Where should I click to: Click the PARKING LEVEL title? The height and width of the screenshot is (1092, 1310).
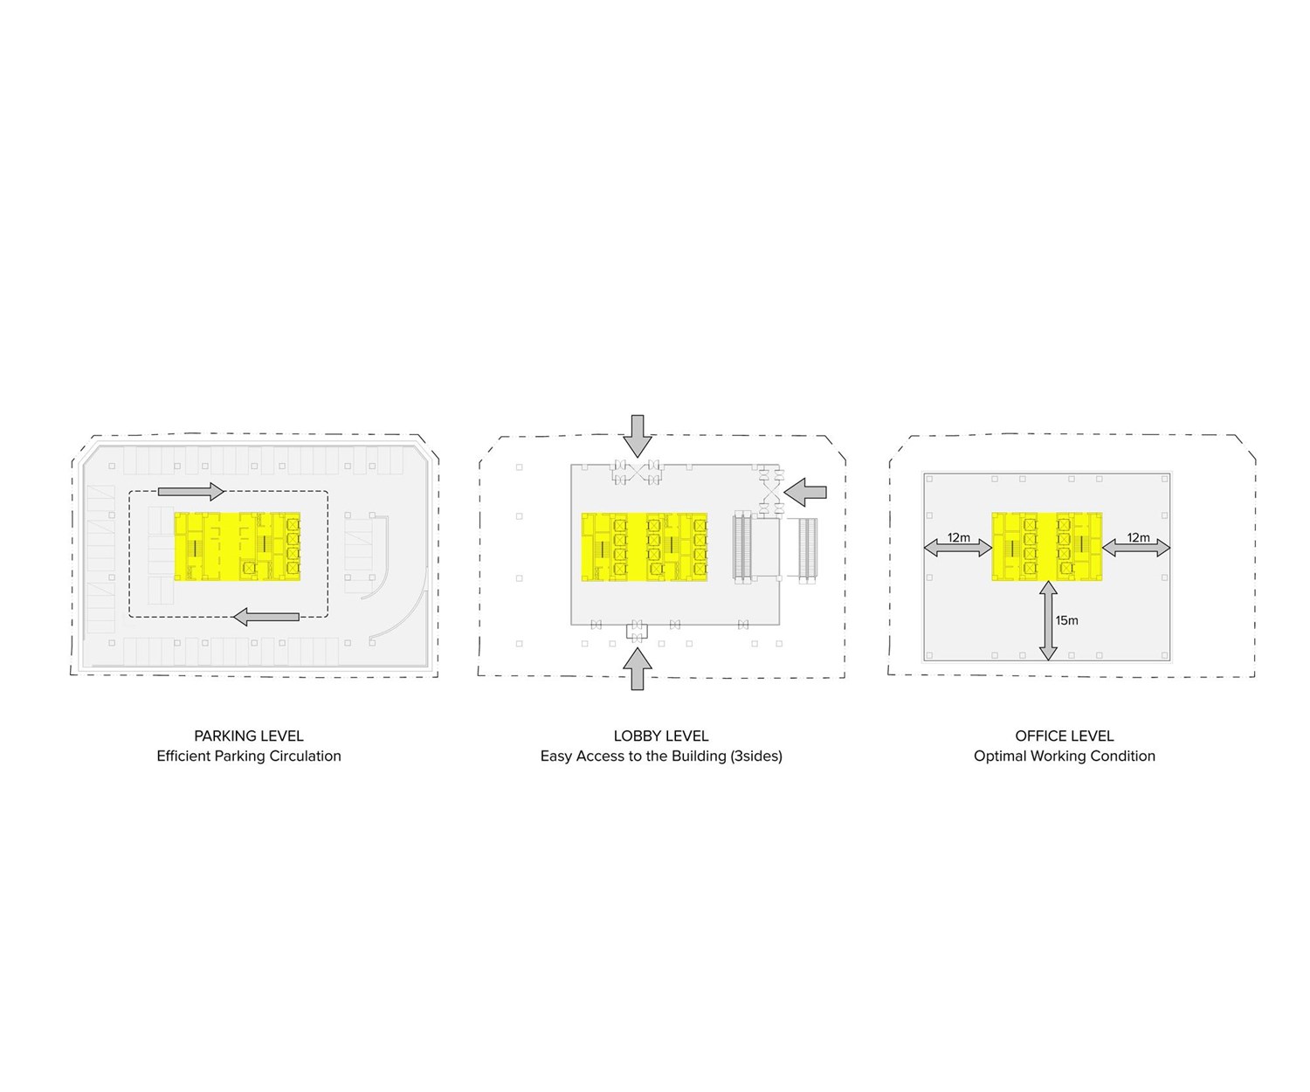[x=248, y=736]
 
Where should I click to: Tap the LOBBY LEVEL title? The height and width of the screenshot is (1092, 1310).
[x=660, y=736]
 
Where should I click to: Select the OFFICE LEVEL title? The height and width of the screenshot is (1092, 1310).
[x=1064, y=736]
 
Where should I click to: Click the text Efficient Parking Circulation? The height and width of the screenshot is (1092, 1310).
[x=248, y=756]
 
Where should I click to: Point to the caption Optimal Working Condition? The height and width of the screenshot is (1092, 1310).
[x=1064, y=756]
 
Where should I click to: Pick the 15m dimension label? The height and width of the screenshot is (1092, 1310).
[x=1066, y=620]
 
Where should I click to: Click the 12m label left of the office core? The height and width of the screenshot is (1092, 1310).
[x=959, y=537]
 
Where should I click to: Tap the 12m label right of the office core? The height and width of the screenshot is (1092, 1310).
[x=1138, y=537]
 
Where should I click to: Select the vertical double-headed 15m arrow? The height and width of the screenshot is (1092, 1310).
[x=1048, y=620]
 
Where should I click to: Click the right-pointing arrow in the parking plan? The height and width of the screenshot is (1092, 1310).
[x=190, y=491]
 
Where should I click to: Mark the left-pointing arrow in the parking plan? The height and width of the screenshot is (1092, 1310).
[x=266, y=617]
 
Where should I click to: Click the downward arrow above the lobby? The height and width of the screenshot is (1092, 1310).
[x=638, y=436]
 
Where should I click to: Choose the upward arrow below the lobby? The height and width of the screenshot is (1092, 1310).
[x=638, y=669]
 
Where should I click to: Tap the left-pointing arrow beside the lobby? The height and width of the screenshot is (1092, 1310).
[x=805, y=492]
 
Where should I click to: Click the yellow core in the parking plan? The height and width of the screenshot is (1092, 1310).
[x=238, y=547]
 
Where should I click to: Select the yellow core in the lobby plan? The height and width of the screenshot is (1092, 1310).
[x=645, y=547]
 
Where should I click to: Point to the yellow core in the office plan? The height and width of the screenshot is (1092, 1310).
[x=1046, y=547]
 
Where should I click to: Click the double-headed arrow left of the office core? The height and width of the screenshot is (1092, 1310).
[x=958, y=549]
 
